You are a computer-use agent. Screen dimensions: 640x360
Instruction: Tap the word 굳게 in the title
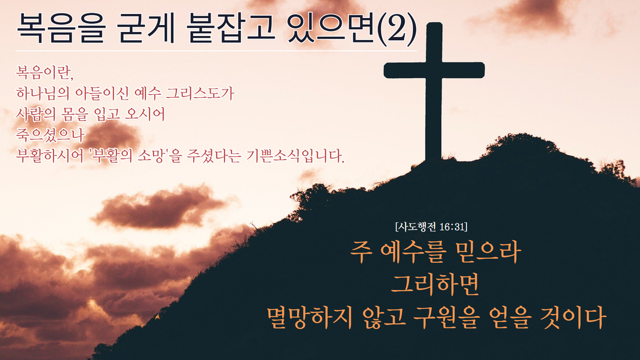click(145, 28)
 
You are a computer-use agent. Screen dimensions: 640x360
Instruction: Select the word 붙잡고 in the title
click(231, 28)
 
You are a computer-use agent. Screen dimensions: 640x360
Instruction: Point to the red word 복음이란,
click(44, 72)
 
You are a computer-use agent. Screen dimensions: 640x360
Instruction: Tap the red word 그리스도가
click(200, 94)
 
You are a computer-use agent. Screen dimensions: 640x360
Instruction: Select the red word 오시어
click(144, 115)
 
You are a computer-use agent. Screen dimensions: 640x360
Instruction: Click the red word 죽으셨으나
click(50, 135)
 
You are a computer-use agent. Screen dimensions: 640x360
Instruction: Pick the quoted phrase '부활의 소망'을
click(135, 156)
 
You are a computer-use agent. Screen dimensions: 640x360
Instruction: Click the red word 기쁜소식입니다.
click(296, 156)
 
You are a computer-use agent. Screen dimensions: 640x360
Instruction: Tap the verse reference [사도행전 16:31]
click(431, 227)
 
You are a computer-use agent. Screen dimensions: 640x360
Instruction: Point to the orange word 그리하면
click(435, 284)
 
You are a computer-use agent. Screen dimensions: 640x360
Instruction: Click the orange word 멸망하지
click(310, 317)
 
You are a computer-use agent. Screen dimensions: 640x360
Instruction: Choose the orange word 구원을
click(445, 317)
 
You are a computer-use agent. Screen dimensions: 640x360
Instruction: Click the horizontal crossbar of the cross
click(434, 70)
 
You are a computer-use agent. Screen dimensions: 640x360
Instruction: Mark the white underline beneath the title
click(216, 51)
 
